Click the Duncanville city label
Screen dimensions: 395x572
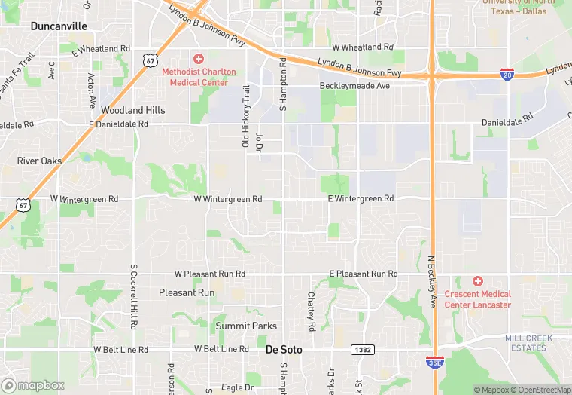coord(59,26)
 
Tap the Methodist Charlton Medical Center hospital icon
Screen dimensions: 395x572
coord(199,58)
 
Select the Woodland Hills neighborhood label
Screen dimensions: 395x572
coord(132,110)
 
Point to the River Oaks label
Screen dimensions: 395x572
coord(39,161)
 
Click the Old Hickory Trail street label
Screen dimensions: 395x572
coord(245,115)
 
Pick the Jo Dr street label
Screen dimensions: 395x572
coord(259,143)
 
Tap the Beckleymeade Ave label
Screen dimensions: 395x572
coord(354,86)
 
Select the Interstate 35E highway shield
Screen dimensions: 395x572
coord(434,362)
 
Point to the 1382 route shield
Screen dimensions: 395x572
coord(361,349)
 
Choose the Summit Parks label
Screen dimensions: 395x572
coord(246,326)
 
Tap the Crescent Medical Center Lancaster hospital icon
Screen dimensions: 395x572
coord(477,281)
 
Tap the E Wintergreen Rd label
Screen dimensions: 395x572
coord(361,198)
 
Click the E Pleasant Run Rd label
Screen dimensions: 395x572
coord(363,274)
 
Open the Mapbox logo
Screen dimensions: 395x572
coord(33,385)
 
